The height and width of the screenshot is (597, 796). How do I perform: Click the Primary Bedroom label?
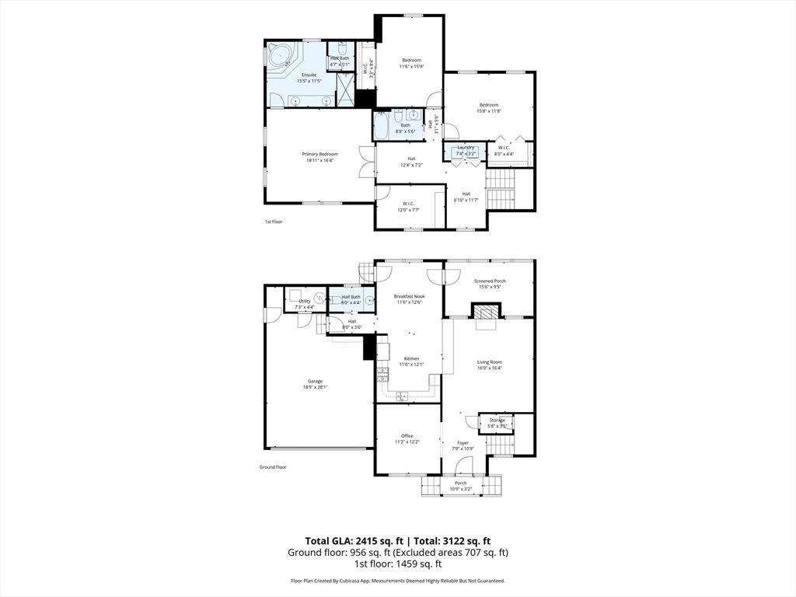pyautogui.click(x=319, y=154)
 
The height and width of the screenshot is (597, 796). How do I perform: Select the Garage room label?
pyautogui.click(x=315, y=381)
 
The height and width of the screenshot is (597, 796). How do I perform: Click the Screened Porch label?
pyautogui.click(x=489, y=281)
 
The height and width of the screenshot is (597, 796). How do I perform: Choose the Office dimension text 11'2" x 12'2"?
pyautogui.click(x=407, y=442)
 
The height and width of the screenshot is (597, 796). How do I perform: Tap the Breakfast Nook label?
pyautogui.click(x=409, y=296)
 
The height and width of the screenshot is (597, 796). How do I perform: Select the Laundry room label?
pyautogui.click(x=466, y=147)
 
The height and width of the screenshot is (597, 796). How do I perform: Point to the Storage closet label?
pyautogui.click(x=497, y=420)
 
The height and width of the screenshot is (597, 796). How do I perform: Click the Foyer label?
pyautogui.click(x=463, y=442)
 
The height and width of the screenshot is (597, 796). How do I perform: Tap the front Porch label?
pyautogui.click(x=461, y=483)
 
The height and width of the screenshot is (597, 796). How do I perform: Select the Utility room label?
pyautogui.click(x=304, y=301)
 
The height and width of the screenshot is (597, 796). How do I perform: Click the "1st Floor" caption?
pyautogui.click(x=273, y=222)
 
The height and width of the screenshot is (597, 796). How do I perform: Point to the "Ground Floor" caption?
pyautogui.click(x=273, y=467)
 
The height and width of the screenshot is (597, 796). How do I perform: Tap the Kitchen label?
pyautogui.click(x=409, y=358)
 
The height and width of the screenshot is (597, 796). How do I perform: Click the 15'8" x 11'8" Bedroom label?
pyautogui.click(x=488, y=105)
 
